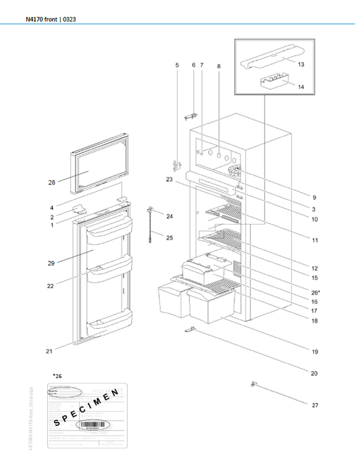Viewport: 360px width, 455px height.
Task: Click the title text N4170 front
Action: point(41,20)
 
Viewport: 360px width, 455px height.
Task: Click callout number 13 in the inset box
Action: point(301,64)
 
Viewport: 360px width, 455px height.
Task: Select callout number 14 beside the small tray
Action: point(301,88)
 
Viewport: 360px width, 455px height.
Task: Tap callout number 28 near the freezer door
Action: point(52,183)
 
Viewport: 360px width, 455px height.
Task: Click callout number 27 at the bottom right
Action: point(315,405)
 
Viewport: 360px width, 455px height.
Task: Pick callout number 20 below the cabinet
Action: point(315,373)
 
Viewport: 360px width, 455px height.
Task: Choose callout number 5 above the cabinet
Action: point(178,65)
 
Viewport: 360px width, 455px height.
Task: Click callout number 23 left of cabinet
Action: point(169,180)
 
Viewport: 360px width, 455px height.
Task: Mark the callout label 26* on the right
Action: point(315,292)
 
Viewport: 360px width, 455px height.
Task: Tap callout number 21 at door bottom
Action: point(50,351)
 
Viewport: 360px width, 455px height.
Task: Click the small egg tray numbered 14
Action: point(274,82)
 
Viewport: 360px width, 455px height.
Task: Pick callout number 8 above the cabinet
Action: point(219,66)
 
